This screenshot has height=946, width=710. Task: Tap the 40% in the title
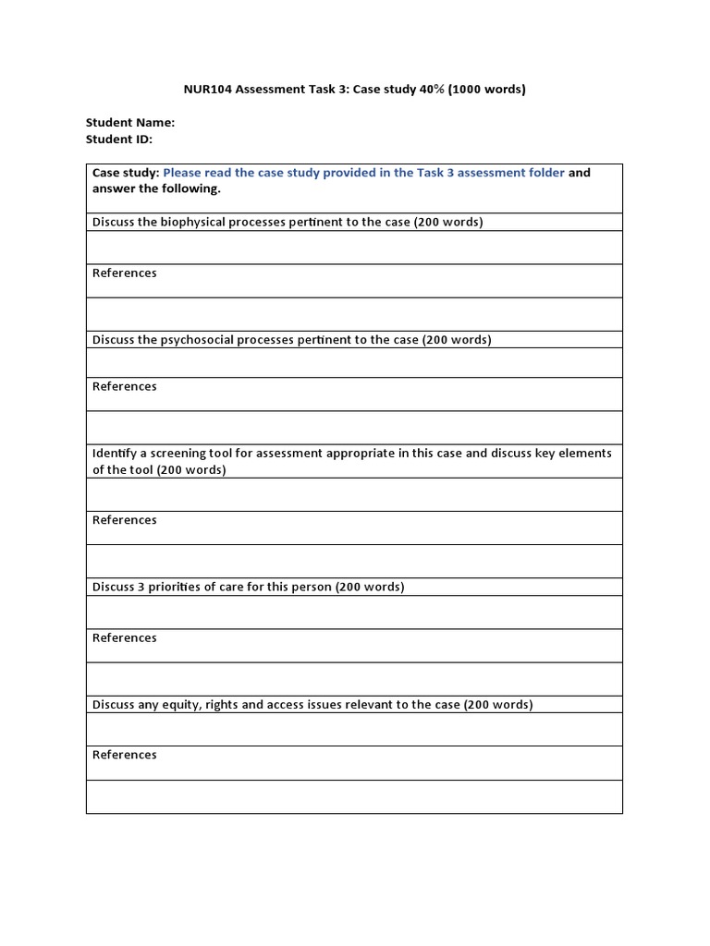point(416,90)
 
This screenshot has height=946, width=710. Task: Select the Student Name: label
point(130,122)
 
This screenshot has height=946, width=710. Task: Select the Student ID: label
point(119,139)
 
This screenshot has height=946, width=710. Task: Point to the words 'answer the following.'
point(156,188)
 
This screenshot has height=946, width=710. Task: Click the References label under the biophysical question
point(125,273)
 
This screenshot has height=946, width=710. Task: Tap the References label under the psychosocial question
point(125,386)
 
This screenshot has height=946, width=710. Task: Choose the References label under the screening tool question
point(125,520)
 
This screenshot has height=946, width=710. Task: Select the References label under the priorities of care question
point(125,637)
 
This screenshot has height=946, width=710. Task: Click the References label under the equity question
point(125,755)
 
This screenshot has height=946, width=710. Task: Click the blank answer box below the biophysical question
point(354,248)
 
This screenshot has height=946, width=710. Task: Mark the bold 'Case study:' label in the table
point(126,173)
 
